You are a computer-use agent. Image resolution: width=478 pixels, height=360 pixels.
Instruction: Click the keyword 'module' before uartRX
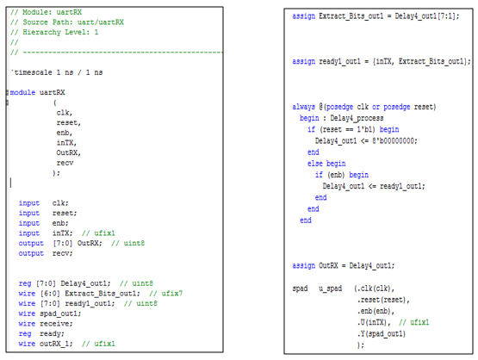[22, 92]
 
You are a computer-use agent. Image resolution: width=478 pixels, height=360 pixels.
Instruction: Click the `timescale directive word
[32, 72]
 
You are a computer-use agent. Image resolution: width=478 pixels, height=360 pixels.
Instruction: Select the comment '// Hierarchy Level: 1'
[54, 33]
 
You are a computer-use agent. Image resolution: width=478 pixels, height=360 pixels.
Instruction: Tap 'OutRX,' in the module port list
[69, 152]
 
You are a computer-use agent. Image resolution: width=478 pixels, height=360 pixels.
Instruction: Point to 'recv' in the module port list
[65, 163]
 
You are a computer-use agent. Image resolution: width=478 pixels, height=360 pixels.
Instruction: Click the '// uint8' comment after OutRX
[128, 243]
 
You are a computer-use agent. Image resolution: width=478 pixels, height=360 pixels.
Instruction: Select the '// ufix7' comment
[166, 294]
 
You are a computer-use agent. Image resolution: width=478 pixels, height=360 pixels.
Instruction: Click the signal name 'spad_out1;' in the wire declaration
[60, 313]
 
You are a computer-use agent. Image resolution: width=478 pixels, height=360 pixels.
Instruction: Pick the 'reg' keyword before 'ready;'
[25, 334]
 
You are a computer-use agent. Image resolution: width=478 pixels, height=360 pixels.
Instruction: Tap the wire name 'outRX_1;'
[56, 344]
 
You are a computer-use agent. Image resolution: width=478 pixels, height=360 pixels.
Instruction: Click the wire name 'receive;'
[56, 324]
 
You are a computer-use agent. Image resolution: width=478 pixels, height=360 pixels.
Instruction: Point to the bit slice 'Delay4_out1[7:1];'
[427, 16]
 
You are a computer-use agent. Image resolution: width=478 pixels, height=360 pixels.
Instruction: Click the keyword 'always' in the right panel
[304, 107]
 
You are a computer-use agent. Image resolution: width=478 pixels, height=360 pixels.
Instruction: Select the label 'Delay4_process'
[357, 118]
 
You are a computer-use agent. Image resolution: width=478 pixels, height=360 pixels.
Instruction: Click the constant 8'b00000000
[394, 141]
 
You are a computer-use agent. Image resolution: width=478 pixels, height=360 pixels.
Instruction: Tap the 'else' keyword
[315, 164]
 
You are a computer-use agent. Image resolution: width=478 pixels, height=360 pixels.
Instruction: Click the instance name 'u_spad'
[331, 289]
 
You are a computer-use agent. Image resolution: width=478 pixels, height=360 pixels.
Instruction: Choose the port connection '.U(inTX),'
[374, 322]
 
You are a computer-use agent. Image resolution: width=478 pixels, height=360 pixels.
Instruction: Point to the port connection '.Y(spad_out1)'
[382, 334]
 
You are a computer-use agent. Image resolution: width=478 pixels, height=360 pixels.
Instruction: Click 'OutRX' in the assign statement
[328, 266]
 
